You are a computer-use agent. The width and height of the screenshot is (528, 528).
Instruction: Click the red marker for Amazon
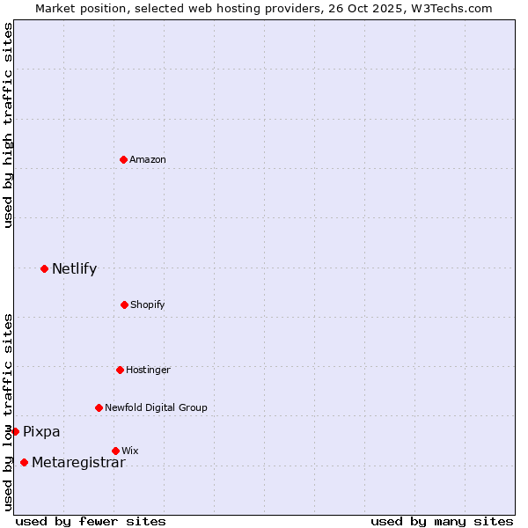(124, 159)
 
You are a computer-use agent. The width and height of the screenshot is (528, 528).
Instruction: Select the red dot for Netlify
(44, 268)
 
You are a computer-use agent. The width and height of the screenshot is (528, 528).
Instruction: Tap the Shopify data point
(124, 304)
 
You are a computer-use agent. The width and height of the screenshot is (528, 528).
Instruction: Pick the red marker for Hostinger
(120, 370)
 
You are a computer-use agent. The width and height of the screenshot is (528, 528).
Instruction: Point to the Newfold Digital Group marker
(99, 407)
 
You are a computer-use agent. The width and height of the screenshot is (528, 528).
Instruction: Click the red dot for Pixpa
(15, 431)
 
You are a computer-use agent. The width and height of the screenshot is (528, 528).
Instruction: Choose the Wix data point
(115, 451)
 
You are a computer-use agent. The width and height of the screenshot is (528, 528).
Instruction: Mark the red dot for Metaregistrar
(24, 463)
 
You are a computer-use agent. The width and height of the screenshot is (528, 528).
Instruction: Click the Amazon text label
(148, 159)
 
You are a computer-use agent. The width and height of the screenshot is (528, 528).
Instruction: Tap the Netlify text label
(74, 268)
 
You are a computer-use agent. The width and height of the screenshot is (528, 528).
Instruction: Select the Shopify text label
(148, 304)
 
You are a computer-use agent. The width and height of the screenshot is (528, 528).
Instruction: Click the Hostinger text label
(148, 370)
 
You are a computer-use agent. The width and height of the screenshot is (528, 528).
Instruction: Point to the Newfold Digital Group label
(156, 407)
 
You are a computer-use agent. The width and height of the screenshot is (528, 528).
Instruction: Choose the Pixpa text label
(41, 431)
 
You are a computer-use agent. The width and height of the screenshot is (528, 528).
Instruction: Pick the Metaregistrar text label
(78, 463)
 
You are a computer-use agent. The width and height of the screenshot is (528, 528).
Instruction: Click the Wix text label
(130, 451)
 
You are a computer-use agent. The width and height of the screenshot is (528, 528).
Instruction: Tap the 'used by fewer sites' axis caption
(91, 521)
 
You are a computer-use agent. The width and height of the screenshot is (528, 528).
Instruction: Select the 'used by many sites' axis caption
(442, 521)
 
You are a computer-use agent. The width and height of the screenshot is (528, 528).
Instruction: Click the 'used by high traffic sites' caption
(8, 125)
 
